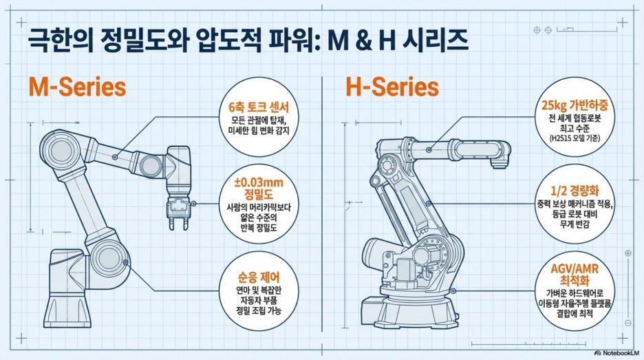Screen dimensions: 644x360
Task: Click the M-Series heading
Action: click(77, 87)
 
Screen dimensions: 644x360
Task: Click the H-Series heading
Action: click(392, 87)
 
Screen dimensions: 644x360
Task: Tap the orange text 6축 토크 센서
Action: click(259, 107)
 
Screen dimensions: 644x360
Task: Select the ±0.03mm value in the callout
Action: click(259, 182)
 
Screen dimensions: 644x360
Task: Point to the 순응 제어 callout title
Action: click(259, 277)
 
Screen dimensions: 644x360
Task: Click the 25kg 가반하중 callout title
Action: click(575, 105)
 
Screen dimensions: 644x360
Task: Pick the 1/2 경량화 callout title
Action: click(575, 190)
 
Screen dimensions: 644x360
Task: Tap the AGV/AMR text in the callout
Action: click(575, 269)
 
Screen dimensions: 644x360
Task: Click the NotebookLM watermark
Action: click(617, 352)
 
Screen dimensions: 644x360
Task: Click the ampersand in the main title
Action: click(361, 41)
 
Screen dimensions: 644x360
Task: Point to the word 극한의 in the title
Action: click(59, 41)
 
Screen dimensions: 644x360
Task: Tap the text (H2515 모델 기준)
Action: click(575, 138)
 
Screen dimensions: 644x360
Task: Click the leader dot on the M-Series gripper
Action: click(193, 204)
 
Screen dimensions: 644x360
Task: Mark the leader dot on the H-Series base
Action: click(453, 290)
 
